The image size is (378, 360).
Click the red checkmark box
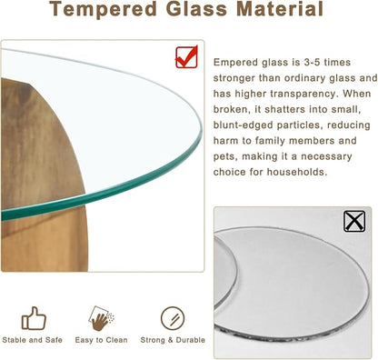pos(187,56)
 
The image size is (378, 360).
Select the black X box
pos(355,221)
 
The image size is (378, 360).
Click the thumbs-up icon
pos(34,317)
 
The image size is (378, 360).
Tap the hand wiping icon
pos(102,317)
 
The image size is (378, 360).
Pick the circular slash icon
pos(172,317)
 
